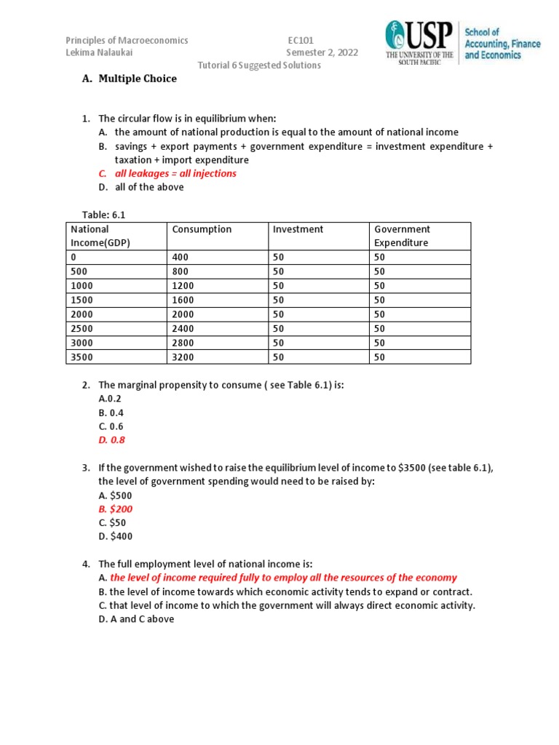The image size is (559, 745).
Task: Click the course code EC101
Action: coord(300,41)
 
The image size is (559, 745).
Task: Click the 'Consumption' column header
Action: coord(202,229)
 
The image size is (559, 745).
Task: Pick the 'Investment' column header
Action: coord(298,229)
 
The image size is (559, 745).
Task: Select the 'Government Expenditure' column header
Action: coord(402,236)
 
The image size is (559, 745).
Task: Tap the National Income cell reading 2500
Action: coord(82,328)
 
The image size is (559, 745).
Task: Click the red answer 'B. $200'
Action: coord(116,509)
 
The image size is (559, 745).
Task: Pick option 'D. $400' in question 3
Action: coord(116,536)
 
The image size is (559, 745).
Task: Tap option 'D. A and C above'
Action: coord(136,619)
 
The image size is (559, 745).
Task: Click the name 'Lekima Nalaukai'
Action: coord(100,52)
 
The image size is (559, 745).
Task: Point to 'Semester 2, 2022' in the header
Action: coord(322,52)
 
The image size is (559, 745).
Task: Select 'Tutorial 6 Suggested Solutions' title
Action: coord(259,65)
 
